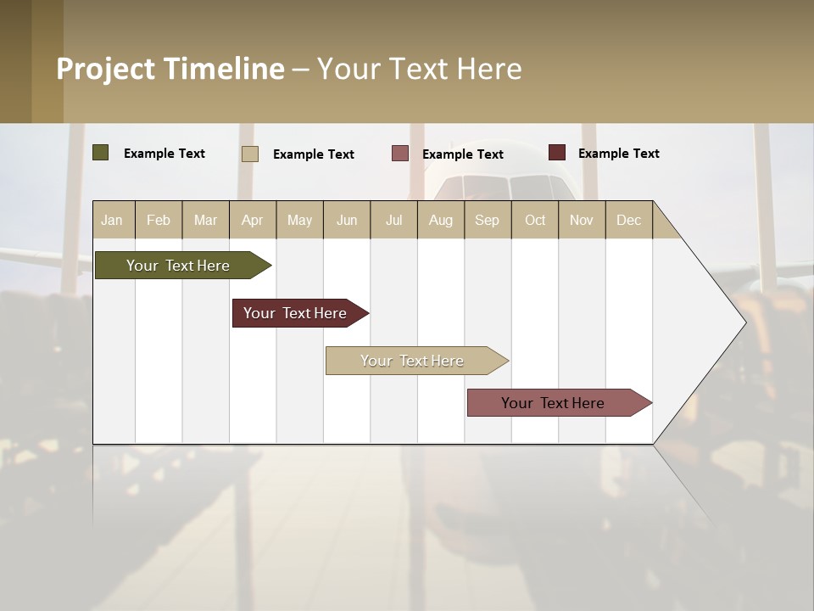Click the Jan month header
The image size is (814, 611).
(x=113, y=220)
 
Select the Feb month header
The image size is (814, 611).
(x=159, y=220)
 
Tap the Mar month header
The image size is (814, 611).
(x=205, y=220)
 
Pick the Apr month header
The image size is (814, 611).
(x=253, y=220)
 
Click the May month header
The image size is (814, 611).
(x=299, y=220)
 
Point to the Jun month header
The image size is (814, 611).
(x=347, y=220)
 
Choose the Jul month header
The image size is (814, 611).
(x=393, y=220)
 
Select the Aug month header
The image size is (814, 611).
(x=441, y=220)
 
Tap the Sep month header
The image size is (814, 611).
(x=488, y=220)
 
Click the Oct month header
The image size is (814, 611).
(x=535, y=220)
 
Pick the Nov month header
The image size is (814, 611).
(x=582, y=220)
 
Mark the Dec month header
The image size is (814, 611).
(x=629, y=220)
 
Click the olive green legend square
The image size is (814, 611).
(x=101, y=153)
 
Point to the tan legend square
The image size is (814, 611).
(x=250, y=154)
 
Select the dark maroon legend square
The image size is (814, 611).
(x=557, y=153)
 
